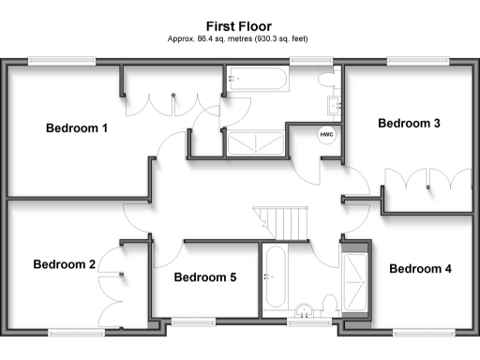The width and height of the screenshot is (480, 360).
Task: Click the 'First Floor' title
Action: (x=239, y=28)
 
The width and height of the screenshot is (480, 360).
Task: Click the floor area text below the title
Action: (x=239, y=40)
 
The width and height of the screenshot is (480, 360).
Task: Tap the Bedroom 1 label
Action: (x=77, y=128)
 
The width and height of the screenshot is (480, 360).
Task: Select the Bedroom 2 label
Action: (x=65, y=264)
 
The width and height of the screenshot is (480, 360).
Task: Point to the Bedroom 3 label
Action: (x=409, y=123)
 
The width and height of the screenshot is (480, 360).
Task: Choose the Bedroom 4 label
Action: (x=420, y=269)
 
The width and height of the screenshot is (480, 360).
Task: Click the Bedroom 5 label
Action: (x=205, y=277)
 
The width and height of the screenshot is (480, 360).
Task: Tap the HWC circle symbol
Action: (x=327, y=134)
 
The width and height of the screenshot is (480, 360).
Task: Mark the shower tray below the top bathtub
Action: (x=253, y=143)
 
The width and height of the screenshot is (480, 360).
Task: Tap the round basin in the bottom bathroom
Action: (x=304, y=312)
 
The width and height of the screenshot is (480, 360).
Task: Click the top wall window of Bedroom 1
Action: (x=62, y=63)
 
